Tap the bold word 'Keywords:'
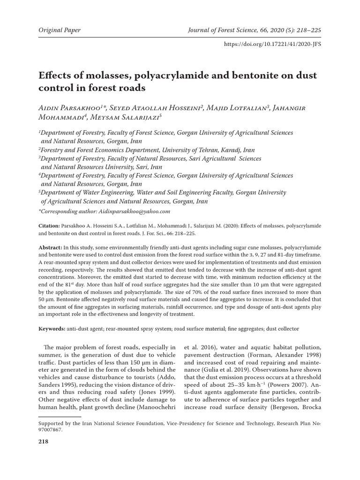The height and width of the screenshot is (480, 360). point(52,330)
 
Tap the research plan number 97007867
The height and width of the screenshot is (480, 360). point(49,429)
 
